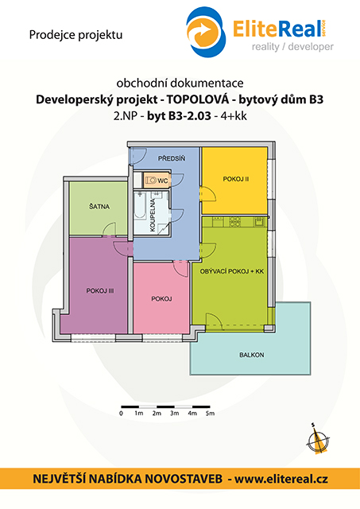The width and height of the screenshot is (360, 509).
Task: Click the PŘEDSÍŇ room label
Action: click(x=172, y=158)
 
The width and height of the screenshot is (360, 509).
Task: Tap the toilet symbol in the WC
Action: click(x=150, y=180)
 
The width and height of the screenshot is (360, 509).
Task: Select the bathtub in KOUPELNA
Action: click(x=140, y=205)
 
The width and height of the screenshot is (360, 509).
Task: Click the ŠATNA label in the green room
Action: click(x=99, y=206)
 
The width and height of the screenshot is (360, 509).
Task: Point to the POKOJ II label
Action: click(x=236, y=179)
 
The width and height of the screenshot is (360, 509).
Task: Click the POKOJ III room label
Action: click(x=100, y=291)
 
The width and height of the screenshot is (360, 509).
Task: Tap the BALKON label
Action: click(x=252, y=355)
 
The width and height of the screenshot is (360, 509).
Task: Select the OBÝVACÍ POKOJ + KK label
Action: click(x=231, y=271)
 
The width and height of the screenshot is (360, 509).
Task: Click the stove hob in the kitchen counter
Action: click(x=234, y=222)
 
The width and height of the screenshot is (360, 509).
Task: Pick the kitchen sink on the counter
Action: click(x=259, y=222)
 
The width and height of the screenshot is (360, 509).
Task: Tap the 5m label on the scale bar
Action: click(x=210, y=414)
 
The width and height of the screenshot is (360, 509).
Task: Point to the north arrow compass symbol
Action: click(x=318, y=440)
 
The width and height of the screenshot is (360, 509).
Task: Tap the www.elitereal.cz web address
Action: click(x=281, y=479)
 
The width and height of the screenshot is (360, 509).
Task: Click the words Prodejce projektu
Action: click(x=75, y=35)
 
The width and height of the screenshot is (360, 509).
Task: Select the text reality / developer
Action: click(x=292, y=47)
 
